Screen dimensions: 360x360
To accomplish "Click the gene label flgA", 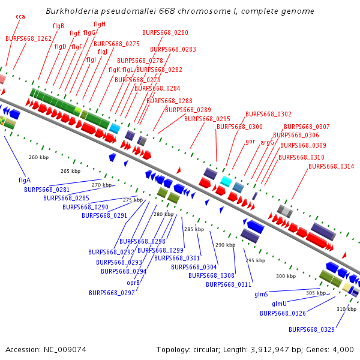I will point(25,179).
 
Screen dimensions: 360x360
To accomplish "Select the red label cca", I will point(20,16).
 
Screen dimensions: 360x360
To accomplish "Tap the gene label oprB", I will point(133,283).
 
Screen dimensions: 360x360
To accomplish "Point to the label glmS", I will point(261,294).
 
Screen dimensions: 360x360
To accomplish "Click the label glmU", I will point(279,304).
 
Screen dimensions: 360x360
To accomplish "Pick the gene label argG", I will point(267,142).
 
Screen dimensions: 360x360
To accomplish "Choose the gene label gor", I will point(250,142).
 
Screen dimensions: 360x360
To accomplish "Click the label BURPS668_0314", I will point(331,166).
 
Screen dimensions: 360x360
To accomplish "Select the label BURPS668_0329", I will point(311,329).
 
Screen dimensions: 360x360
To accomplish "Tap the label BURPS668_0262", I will point(29,38).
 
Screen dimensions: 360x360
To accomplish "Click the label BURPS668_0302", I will point(268,114).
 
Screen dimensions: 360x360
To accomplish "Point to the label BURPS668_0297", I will point(112,293).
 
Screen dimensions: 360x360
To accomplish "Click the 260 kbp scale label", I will point(38,157).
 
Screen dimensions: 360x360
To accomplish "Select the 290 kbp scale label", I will point(226,245).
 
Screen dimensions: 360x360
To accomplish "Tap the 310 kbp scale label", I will point(346,309).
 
